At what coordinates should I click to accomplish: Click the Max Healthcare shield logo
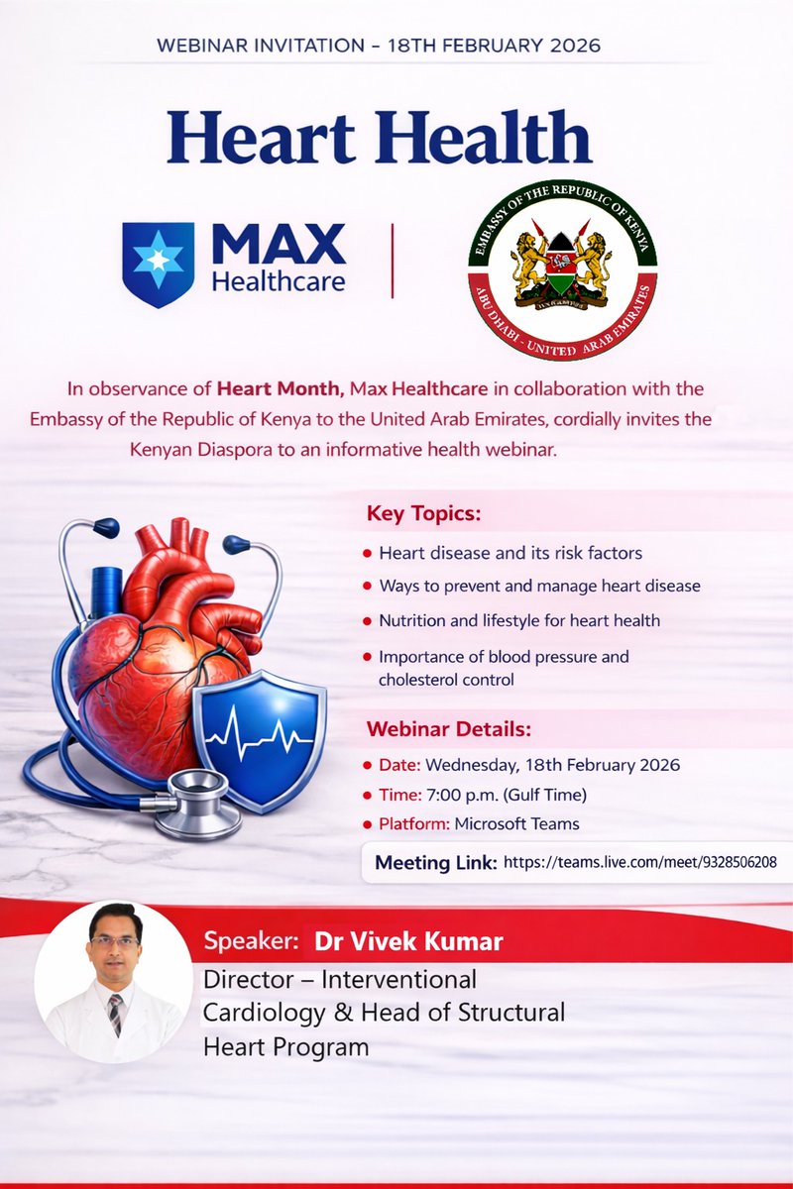158,264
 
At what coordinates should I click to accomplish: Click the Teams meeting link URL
639,863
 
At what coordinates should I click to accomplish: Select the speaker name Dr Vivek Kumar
408,941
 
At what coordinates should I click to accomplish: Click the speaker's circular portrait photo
113,980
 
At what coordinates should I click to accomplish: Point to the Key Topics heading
423,515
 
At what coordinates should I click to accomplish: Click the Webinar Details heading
449,729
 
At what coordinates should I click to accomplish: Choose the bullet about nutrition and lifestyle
519,620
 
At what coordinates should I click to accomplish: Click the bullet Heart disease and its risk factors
510,553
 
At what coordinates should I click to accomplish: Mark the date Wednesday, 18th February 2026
554,765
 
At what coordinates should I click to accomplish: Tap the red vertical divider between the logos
393,261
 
